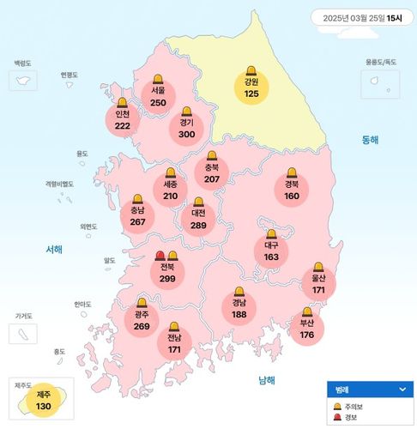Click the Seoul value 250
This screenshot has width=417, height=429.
point(158,102)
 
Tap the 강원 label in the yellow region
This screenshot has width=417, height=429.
point(251,82)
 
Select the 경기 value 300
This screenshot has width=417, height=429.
point(187,133)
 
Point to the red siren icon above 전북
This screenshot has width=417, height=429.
point(160,255)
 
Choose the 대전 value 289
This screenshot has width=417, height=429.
point(199,225)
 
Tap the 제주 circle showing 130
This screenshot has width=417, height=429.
point(44,400)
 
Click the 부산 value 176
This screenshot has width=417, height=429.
point(307,334)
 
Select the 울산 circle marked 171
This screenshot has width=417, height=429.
point(318,286)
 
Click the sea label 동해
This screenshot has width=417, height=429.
point(369,139)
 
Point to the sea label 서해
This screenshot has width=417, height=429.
point(54,249)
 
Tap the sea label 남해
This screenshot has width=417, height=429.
point(267,380)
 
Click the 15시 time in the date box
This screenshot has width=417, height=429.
point(394,16)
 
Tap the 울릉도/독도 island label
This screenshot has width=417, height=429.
point(380,63)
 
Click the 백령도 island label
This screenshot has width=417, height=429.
point(22,63)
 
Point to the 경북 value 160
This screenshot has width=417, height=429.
point(292,196)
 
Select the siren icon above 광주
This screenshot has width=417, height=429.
point(142,302)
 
